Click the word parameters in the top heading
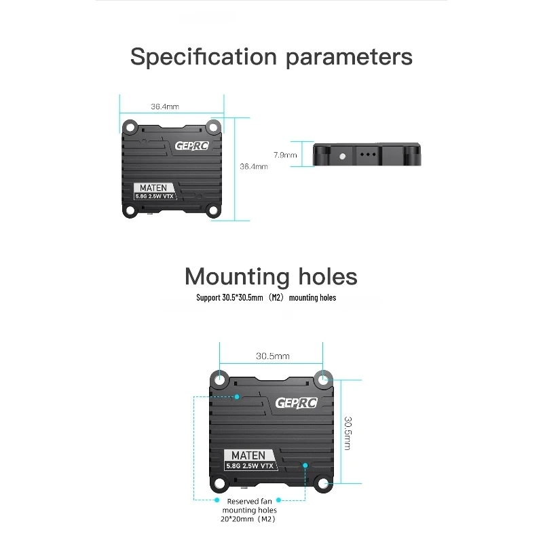pos(349,57)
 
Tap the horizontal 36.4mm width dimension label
pos(165,107)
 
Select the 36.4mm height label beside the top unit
pos(254,166)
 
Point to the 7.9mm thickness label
pos(285,155)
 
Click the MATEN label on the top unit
pos(153,187)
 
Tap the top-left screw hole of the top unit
pos(130,127)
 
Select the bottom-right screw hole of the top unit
pos(213,210)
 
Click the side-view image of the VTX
pos(368,155)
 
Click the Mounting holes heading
pos(271,276)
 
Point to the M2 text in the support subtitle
pos(276,298)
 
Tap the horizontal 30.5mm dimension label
pos(273,356)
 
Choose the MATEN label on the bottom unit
pos(248,455)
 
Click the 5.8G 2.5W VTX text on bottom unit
pos(250,467)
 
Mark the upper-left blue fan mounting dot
pos(237,396)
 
